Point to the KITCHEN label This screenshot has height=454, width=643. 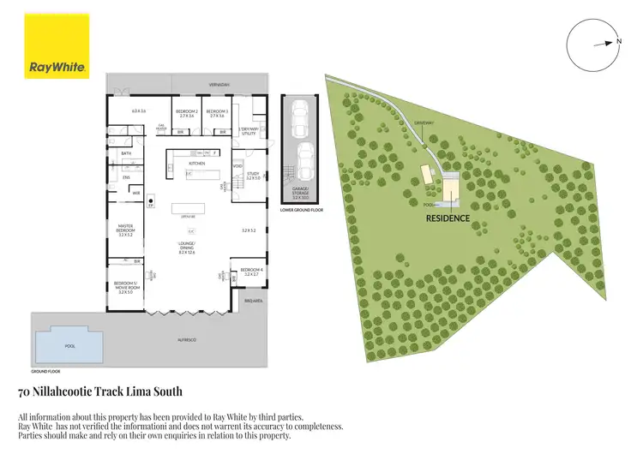pyautogui.click(x=196, y=163)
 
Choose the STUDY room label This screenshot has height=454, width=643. pyautogui.click(x=252, y=176)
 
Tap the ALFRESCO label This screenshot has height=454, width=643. pyautogui.click(x=187, y=341)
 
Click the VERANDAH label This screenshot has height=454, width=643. pyautogui.click(x=220, y=85)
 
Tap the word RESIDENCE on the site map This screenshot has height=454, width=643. pyautogui.click(x=448, y=218)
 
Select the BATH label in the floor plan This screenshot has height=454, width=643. pyautogui.click(x=125, y=154)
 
